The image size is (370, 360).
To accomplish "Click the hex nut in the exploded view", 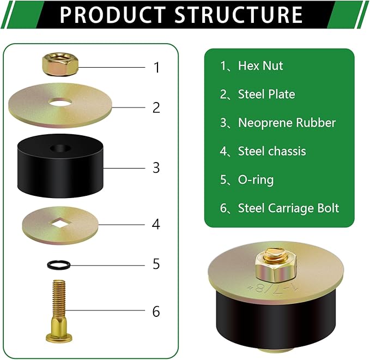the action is tap(60, 64).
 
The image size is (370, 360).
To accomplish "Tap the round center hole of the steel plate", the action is tap(60, 103).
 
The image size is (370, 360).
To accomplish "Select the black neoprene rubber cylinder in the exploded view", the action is tap(60, 166).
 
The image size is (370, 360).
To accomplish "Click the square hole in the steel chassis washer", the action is tap(60, 223).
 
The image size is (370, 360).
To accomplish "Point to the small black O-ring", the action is tap(59, 265).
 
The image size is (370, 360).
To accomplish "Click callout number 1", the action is tap(157, 67).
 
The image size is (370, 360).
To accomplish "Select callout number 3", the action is tap(156, 168).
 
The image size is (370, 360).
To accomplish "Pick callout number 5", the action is tap(156, 264).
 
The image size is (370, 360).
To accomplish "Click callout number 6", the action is tap(156, 311).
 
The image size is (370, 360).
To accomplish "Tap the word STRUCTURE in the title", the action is tap(238, 15).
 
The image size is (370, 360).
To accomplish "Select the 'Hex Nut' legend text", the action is tap(260, 65).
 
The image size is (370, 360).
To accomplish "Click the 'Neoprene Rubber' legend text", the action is tap(287, 123).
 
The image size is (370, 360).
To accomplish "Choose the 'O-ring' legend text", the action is tap(256, 180).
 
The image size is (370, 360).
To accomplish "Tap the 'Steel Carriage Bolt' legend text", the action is tap(288, 208).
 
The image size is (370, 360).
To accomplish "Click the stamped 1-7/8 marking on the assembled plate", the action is tap(273, 287).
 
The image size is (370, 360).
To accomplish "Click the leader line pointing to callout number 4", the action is tap(122, 224).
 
